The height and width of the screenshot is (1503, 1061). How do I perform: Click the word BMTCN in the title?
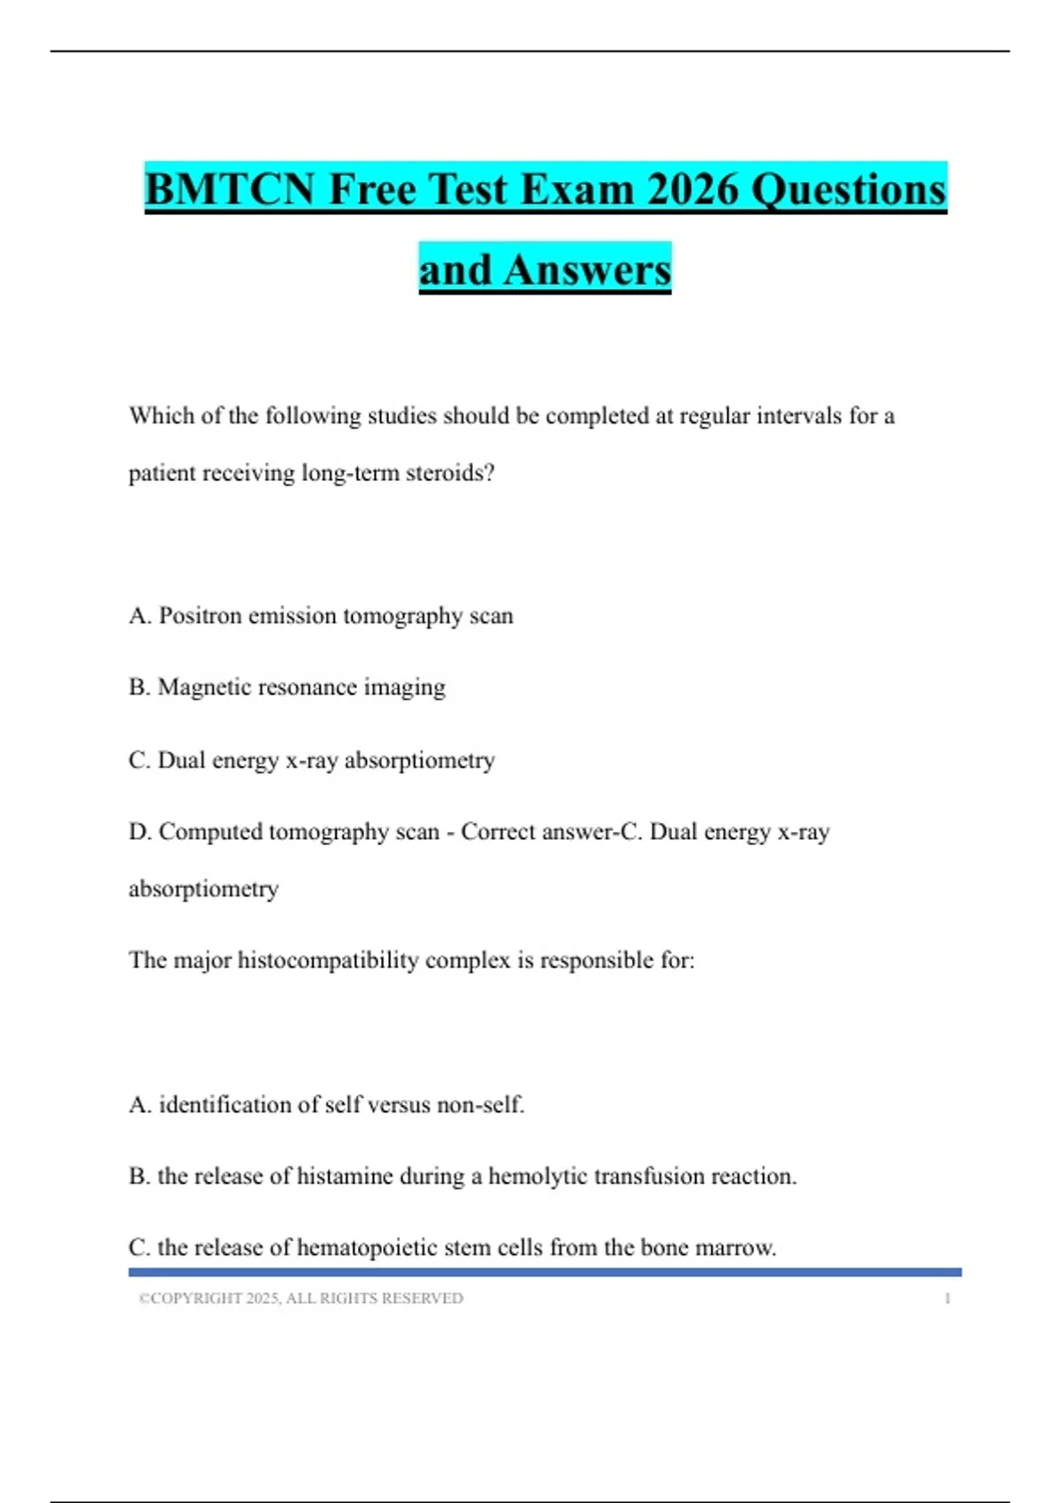[229, 189]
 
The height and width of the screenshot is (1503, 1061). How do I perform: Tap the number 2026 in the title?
[692, 189]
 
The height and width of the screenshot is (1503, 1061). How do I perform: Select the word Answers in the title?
[587, 270]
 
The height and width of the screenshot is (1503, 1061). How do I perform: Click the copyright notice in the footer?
[301, 1298]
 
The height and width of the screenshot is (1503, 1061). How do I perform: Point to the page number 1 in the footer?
[947, 1298]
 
